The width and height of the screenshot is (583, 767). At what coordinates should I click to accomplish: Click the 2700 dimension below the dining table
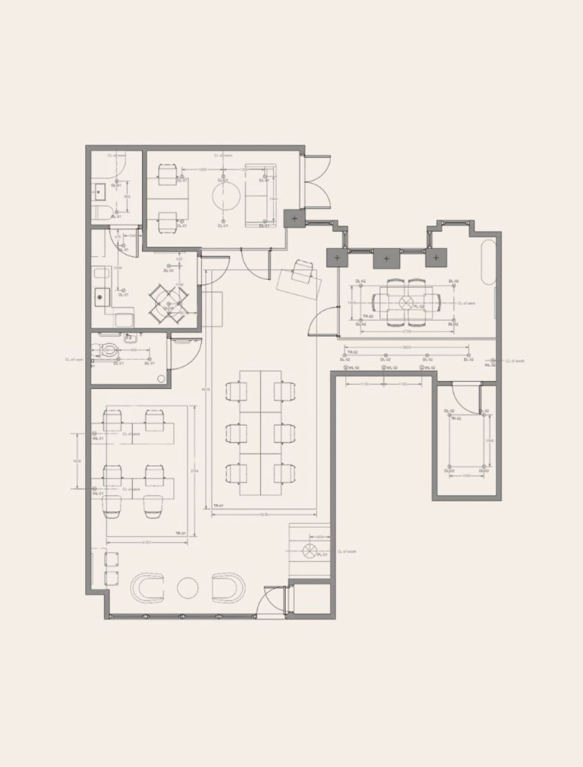[407, 331]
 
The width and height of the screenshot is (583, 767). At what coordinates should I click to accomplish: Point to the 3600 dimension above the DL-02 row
[406, 348]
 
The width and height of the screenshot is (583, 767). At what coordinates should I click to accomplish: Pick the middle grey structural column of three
[386, 258]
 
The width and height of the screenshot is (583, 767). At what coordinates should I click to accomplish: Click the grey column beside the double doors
[294, 218]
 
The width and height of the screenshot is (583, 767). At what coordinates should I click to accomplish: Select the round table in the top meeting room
[226, 196]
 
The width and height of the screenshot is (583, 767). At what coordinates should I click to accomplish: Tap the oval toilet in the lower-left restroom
[109, 351]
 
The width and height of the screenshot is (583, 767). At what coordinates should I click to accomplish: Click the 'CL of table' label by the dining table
[466, 303]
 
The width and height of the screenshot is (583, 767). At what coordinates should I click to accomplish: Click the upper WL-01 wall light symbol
[94, 433]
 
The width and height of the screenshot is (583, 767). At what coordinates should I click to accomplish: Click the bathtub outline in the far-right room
[488, 262]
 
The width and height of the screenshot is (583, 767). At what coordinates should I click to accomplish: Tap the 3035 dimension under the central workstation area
[264, 515]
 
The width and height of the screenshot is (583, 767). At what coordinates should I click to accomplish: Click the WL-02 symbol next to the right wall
[493, 360]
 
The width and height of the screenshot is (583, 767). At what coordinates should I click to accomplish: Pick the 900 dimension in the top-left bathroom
[127, 197]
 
